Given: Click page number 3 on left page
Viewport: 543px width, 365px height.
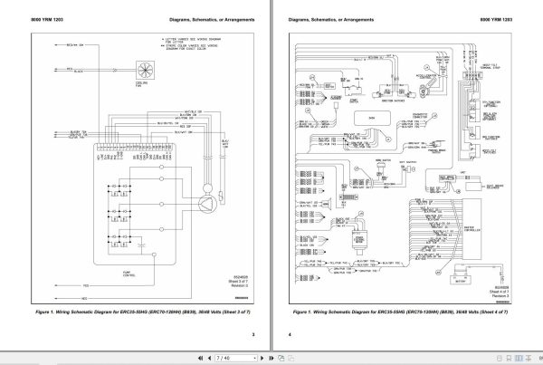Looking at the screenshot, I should [254, 336].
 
